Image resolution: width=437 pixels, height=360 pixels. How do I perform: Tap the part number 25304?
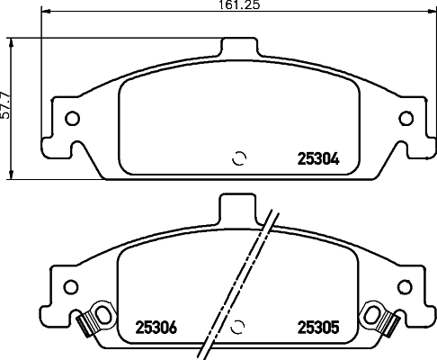(x=317, y=160)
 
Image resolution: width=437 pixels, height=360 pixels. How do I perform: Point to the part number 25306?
(x=154, y=328)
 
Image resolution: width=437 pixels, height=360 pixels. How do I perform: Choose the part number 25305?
(x=317, y=328)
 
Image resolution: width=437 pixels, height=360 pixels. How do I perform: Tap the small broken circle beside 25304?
(x=239, y=159)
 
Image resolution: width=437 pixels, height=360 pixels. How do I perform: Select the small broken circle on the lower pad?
(x=239, y=327)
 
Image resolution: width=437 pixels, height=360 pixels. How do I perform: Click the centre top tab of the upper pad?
(x=239, y=47)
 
